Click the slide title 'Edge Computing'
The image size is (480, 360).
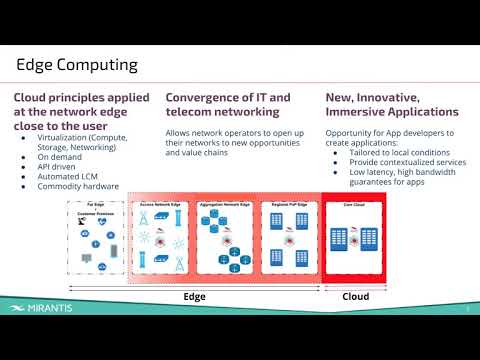(x=75, y=65)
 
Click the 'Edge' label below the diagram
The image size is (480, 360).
(x=194, y=297)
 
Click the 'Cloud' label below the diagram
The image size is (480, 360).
(x=356, y=297)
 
